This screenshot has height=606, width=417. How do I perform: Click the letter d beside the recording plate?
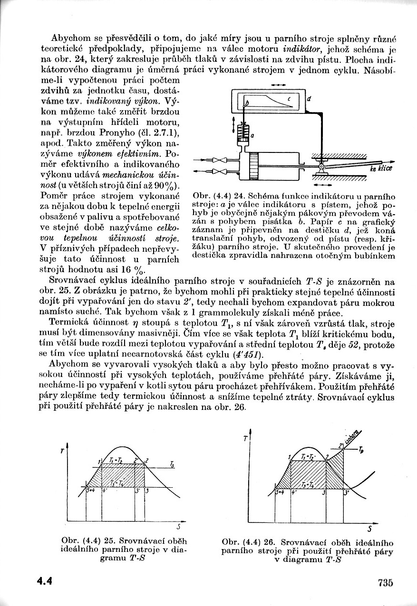309,99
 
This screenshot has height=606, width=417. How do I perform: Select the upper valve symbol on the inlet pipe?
219,160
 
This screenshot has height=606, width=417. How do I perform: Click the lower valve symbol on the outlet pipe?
219,170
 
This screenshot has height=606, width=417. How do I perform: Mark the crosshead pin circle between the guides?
322,167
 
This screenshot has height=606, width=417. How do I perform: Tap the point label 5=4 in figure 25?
92,490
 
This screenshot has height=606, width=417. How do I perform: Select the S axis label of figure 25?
178,526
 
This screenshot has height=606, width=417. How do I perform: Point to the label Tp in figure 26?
362,448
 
